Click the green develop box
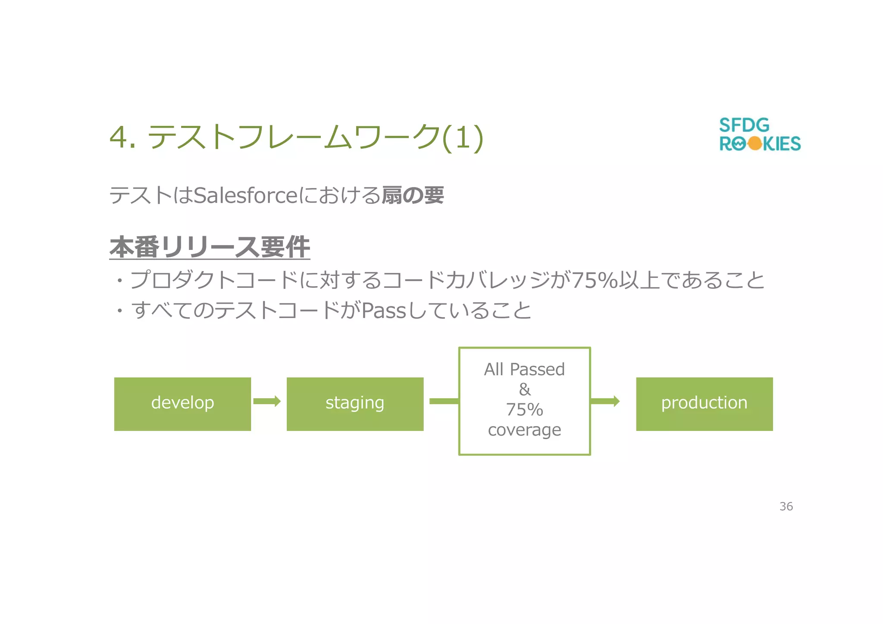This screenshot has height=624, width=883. click(x=182, y=404)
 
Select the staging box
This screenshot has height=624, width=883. click(x=355, y=404)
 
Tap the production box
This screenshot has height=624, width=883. click(x=704, y=404)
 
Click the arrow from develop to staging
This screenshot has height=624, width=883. click(x=267, y=401)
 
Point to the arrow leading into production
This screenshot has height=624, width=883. click(x=605, y=401)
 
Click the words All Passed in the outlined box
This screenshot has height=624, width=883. click(x=524, y=370)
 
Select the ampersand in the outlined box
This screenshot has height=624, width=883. click(x=525, y=390)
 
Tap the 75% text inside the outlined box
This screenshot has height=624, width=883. click(x=524, y=410)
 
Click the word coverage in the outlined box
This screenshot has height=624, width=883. click(x=524, y=430)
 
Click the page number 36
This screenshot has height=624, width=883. click(x=786, y=506)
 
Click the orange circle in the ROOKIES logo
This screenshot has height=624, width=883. click(x=755, y=144)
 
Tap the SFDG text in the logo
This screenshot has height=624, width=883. click(x=744, y=125)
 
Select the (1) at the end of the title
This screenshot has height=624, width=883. click(x=463, y=137)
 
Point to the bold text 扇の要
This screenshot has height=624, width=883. click(x=413, y=195)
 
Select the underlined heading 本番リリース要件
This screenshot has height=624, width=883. click(x=210, y=247)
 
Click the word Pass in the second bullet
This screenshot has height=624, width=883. click(x=384, y=311)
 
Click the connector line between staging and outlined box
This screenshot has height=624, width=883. click(x=444, y=401)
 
